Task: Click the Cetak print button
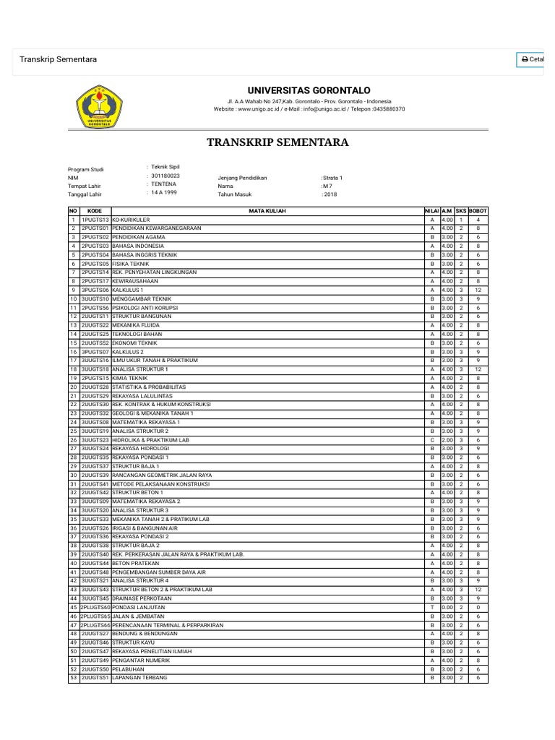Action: click(x=532, y=59)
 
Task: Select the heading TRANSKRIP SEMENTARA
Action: click(x=277, y=142)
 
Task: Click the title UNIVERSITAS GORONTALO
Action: click(x=309, y=90)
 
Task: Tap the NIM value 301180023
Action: click(x=165, y=176)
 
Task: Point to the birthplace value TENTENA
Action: click(x=163, y=184)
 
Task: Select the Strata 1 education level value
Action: click(x=332, y=177)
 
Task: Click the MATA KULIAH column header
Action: click(x=267, y=210)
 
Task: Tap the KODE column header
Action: click(x=95, y=210)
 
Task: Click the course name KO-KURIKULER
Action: click(x=131, y=219)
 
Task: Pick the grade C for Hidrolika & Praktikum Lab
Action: click(x=431, y=439)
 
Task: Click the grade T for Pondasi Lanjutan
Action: click(x=431, y=607)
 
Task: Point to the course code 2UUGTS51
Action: click(x=95, y=678)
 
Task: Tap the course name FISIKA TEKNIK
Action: click(x=132, y=263)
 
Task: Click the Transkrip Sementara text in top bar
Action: click(x=58, y=59)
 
